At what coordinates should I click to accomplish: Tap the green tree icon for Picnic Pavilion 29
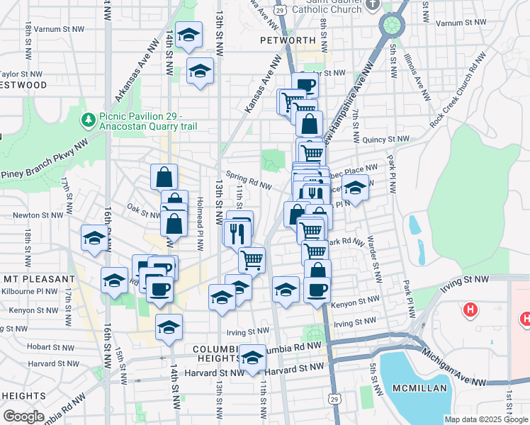[x=89, y=120]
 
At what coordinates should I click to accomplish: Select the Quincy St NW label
[x=385, y=140]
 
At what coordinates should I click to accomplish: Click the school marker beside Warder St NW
[x=356, y=188]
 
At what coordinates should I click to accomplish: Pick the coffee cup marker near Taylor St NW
[x=305, y=86]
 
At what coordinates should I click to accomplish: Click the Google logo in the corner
[x=23, y=416]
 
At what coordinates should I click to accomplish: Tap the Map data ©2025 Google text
[x=485, y=419]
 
